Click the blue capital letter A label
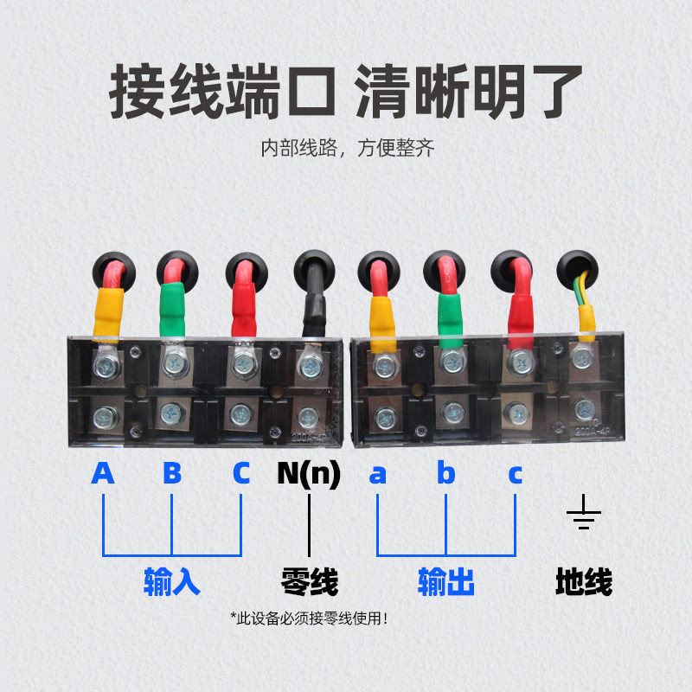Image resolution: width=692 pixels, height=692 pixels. click(x=103, y=474)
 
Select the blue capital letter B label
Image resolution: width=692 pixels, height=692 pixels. click(x=172, y=474)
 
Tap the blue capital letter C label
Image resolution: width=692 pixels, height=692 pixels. click(x=240, y=474)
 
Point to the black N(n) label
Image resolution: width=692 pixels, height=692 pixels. click(x=309, y=474)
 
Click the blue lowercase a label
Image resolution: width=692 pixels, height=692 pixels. click(x=377, y=475)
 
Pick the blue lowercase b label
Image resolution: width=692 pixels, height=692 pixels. click(x=445, y=474)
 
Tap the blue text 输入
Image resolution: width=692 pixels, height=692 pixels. click(x=172, y=581)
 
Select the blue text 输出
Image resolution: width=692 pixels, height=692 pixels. click(x=446, y=581)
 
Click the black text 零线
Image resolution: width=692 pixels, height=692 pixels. click(x=309, y=581)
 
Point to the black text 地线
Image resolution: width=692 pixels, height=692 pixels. click(x=584, y=581)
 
